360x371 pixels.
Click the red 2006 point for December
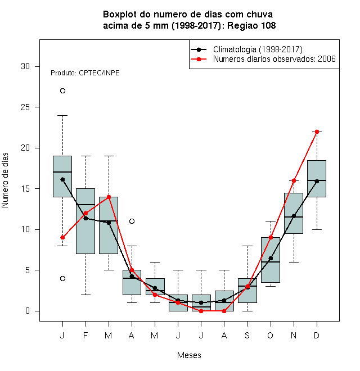[317, 132]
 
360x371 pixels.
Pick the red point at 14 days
[109, 197]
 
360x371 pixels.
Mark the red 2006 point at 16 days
[294, 180]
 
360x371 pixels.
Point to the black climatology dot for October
[271, 258]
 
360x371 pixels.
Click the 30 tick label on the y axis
[25, 66]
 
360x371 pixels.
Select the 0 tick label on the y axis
[28, 311]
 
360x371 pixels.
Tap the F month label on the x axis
[85, 335]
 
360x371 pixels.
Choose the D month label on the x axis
[317, 335]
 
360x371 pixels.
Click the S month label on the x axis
[247, 335]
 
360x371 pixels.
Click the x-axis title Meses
[189, 355]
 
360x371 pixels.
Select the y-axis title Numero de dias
[5, 180]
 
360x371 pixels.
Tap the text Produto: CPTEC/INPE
[85, 73]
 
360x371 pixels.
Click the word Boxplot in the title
[120, 15]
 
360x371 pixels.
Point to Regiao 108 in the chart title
[251, 25]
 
